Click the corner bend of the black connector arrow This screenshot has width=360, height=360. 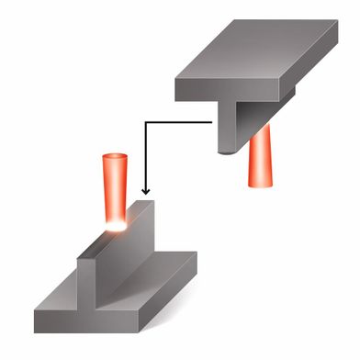(145, 118)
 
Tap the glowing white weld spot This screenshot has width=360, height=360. (118, 223)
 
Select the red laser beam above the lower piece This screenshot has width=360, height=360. (116, 188)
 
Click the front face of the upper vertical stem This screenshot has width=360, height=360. (226, 124)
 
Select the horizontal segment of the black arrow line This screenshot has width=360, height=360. (179, 118)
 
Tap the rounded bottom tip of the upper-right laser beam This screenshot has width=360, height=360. (259, 184)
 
